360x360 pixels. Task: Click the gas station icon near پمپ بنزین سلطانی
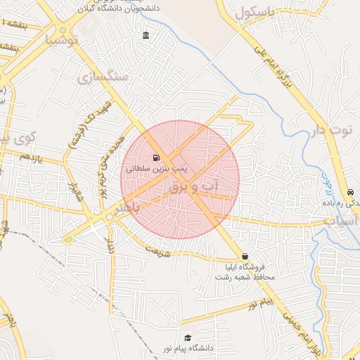coord(155,157)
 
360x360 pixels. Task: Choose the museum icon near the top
coord(146,36)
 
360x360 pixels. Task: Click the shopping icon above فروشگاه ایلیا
coord(245,256)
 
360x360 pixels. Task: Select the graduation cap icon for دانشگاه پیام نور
coord(186,337)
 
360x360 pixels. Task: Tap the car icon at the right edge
coord(349,193)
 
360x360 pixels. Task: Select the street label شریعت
coord(158,251)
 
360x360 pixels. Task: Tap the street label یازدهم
coord(32,157)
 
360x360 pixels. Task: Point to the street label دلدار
coord(110,245)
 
